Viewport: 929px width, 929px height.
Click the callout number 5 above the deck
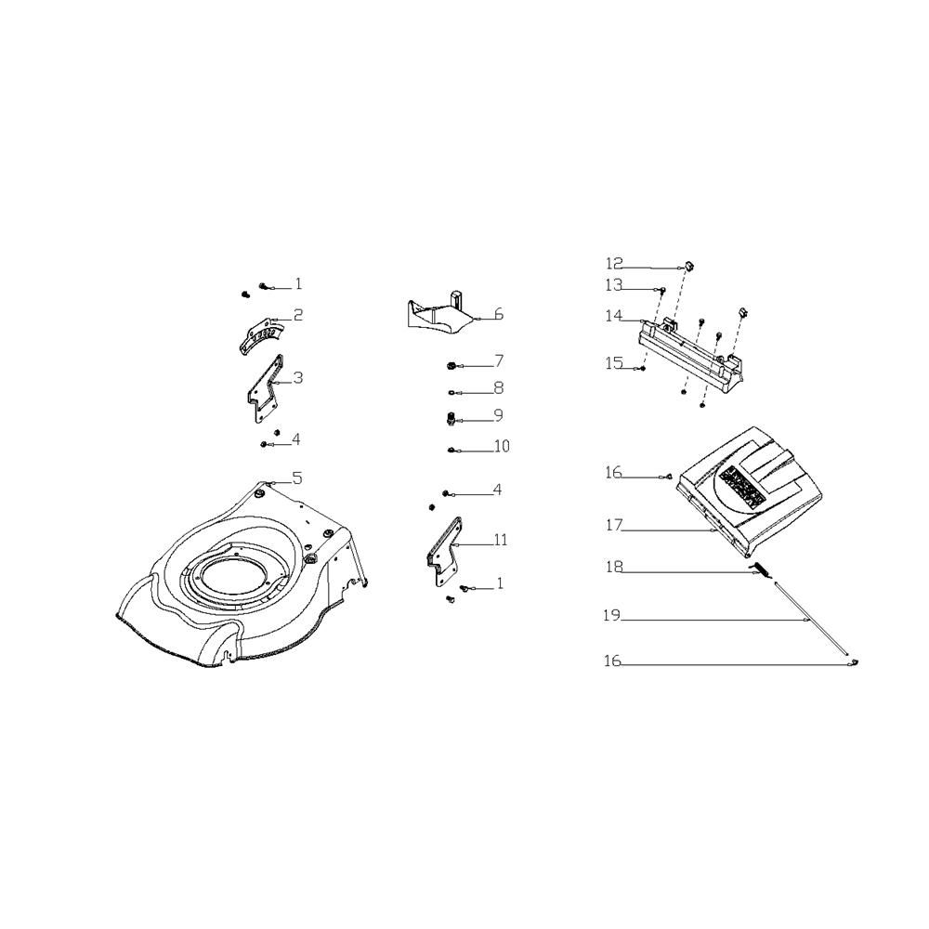[x=297, y=478]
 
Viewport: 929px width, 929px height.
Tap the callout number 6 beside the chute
[x=498, y=314]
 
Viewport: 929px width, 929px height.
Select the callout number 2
[x=297, y=315]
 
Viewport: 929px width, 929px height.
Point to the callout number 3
[x=297, y=377]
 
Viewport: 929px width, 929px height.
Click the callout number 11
[x=501, y=540]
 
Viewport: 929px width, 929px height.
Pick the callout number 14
[x=614, y=316]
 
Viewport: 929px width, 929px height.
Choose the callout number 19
[x=612, y=616]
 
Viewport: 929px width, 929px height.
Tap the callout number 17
[x=614, y=525]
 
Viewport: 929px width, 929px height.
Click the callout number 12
[x=614, y=263]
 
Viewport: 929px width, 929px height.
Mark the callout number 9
[x=498, y=414]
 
